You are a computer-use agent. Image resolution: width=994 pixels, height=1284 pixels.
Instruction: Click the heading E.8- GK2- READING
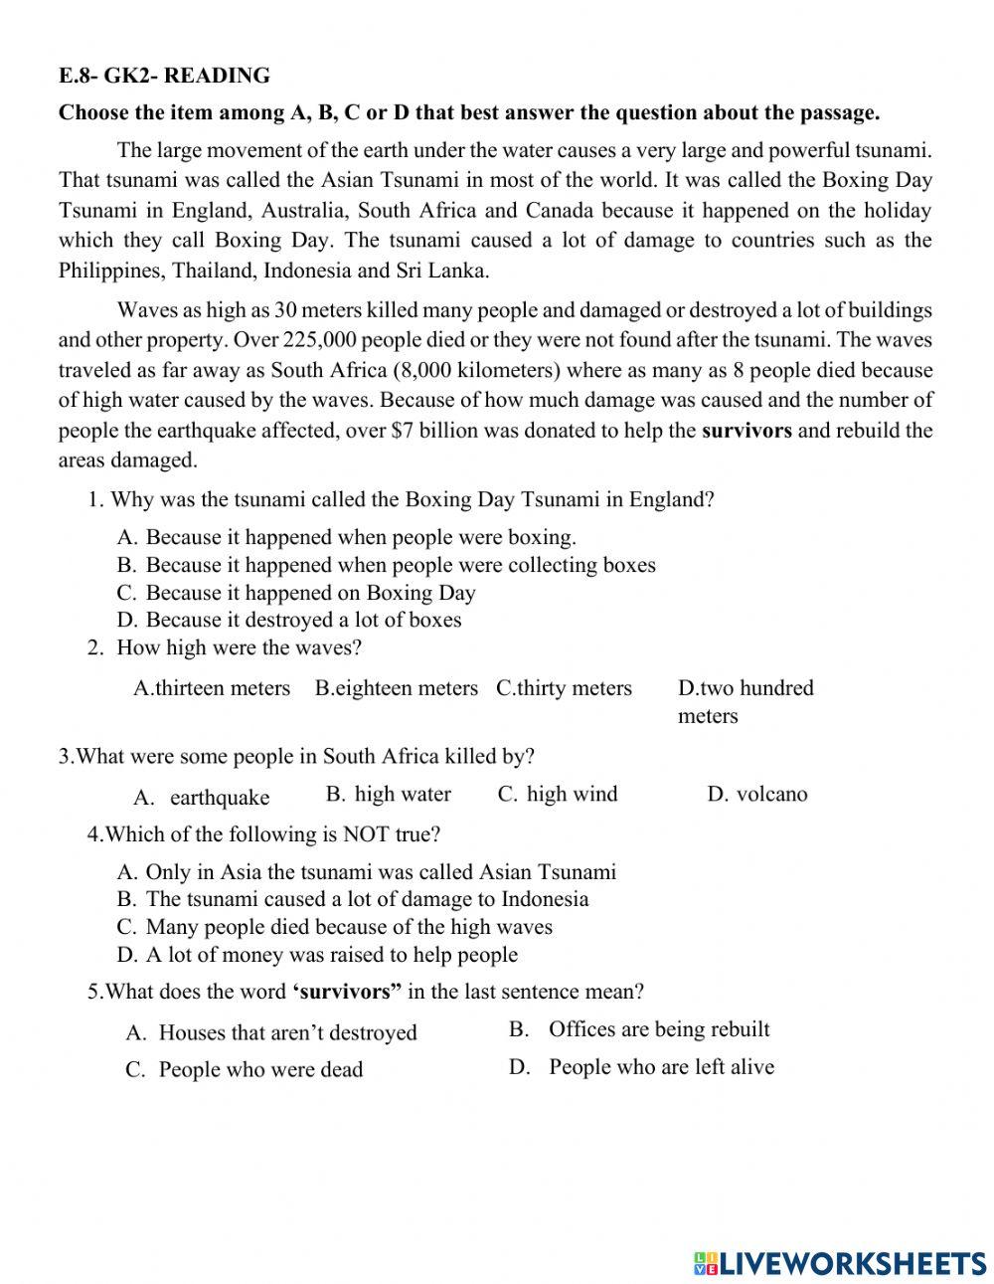[164, 76]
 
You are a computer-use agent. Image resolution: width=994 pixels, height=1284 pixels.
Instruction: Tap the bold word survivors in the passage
[746, 431]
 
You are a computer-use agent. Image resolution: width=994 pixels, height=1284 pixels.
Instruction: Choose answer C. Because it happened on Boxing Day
[296, 593]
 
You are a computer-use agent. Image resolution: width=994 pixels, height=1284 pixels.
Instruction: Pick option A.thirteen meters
[212, 688]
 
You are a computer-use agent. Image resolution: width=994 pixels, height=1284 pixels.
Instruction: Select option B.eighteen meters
[396, 688]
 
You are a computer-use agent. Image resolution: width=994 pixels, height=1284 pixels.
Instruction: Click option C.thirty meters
[564, 688]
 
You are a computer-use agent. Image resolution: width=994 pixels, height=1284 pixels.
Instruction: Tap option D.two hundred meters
[745, 700]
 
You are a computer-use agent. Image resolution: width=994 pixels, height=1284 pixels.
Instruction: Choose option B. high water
[389, 794]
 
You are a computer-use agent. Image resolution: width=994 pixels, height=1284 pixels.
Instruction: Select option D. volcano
[757, 794]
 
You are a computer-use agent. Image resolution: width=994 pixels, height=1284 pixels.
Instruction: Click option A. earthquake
[202, 798]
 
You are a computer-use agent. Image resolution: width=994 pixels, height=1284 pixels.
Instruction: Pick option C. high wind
[558, 794]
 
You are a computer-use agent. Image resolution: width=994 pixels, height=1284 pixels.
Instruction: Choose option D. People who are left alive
[642, 1067]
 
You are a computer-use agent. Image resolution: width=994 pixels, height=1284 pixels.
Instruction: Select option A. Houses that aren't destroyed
[271, 1032]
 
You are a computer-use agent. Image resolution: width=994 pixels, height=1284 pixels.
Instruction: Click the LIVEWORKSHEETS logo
[840, 1263]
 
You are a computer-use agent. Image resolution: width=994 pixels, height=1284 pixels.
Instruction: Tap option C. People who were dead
[245, 1070]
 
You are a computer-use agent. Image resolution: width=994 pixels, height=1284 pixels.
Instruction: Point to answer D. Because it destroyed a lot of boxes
[289, 620]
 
